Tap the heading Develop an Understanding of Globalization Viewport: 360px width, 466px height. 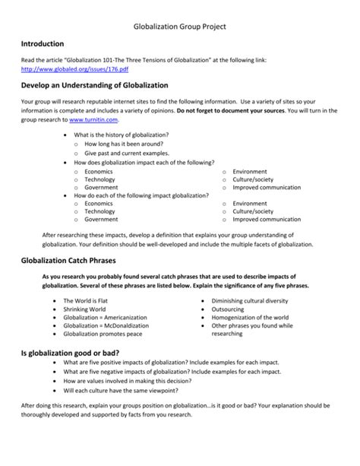tap(95, 85)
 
